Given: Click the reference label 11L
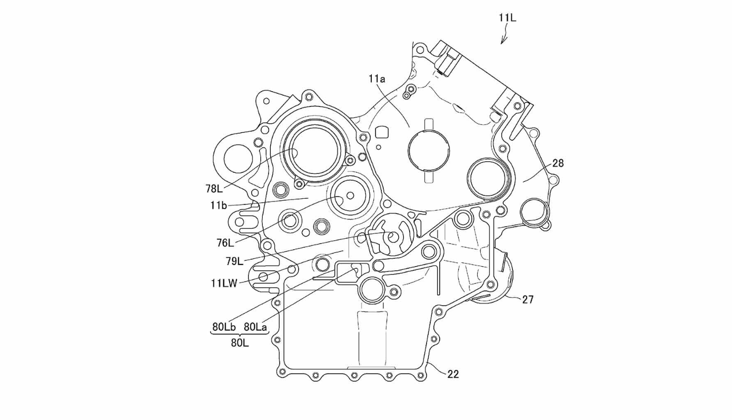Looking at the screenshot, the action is click(x=507, y=18).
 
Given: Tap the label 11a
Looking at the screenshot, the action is click(x=377, y=79).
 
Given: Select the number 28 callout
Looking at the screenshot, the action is click(x=558, y=163).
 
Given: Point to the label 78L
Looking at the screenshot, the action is click(x=214, y=189).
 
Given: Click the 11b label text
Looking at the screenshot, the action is click(x=219, y=206).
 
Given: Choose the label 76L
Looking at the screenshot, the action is click(x=225, y=243).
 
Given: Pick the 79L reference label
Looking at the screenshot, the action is click(x=234, y=261).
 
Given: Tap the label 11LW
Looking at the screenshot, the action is click(x=224, y=283).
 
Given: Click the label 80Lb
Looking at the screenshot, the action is click(x=224, y=327).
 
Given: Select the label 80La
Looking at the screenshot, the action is click(x=255, y=327).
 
